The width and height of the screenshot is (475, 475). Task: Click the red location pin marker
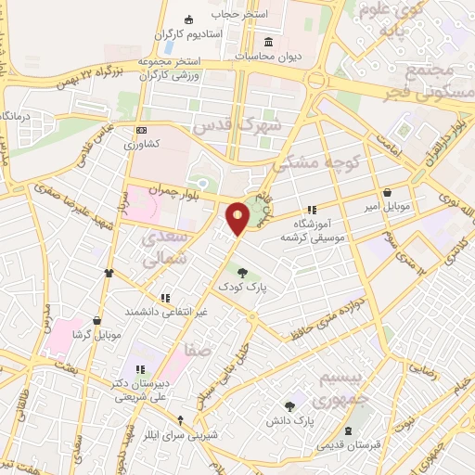[x=238, y=218]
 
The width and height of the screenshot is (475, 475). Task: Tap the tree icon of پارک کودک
[x=242, y=273]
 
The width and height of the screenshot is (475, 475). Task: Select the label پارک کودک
[x=242, y=289]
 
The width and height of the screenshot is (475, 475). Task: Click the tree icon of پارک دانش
[x=290, y=405]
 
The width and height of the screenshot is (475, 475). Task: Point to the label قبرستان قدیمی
[x=347, y=446]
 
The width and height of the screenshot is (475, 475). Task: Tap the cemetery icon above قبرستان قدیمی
[x=348, y=431]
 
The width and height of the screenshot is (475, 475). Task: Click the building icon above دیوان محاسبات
[x=270, y=42]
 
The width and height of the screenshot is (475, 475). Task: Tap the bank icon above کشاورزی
[x=141, y=131]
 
